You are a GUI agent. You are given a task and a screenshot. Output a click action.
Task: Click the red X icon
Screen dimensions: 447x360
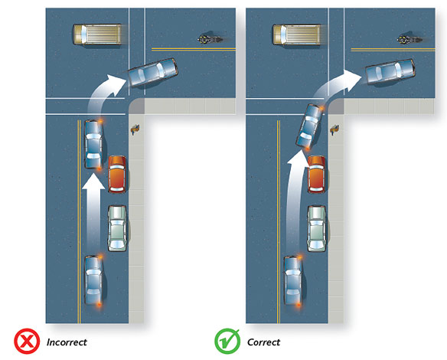tap(27, 341)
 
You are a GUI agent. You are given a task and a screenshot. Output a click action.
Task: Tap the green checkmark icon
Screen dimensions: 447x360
tap(227, 341)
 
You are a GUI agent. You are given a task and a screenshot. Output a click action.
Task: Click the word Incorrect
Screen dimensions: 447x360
tap(67, 342)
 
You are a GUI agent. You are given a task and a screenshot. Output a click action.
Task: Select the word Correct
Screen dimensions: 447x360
tap(264, 342)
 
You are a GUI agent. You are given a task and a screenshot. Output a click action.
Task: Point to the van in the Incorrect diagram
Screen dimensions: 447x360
tap(97, 34)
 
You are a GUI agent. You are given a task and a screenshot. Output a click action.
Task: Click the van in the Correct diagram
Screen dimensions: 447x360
tap(297, 34)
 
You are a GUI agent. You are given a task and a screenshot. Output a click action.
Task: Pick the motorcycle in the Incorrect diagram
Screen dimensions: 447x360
tap(210, 39)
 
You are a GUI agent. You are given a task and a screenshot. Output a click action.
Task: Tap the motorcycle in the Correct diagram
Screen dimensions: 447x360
tap(409, 39)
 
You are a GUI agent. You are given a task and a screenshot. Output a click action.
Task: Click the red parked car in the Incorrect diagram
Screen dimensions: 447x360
tap(117, 174)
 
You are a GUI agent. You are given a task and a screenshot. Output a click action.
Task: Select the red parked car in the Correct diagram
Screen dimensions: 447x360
tap(317, 174)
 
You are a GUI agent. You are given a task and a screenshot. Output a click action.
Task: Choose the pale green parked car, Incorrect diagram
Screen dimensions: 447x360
tap(117, 228)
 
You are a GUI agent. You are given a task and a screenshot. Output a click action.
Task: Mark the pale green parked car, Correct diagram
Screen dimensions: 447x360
tap(317, 228)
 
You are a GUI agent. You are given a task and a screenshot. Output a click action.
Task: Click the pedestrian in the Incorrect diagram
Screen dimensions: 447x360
tap(135, 129)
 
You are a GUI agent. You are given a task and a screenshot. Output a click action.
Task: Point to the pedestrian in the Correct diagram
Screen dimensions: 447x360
tap(334, 129)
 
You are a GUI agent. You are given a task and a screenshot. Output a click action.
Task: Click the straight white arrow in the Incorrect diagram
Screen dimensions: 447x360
tap(93, 210)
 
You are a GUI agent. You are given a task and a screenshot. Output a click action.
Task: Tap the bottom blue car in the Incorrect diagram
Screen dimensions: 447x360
tap(94, 280)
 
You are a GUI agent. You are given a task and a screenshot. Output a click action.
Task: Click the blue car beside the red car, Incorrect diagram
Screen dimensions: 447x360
tap(94, 144)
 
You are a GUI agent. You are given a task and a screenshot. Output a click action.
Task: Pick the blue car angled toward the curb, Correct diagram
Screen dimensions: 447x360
tap(310, 126)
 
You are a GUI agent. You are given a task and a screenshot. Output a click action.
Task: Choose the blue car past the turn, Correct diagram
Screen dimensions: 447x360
tap(390, 71)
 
